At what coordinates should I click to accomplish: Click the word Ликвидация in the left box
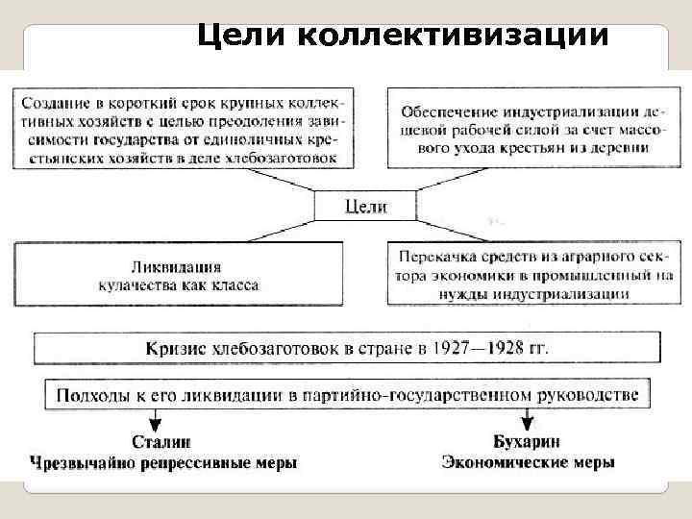coord(179,268)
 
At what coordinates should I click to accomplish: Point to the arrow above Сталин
coord(155,420)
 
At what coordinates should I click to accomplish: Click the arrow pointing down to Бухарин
coord(527,420)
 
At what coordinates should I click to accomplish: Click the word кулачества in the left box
coord(140,285)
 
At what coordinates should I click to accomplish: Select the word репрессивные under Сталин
coord(196,463)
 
